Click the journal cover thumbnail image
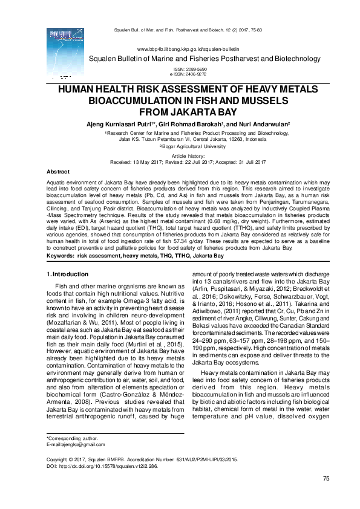click(62, 53)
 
